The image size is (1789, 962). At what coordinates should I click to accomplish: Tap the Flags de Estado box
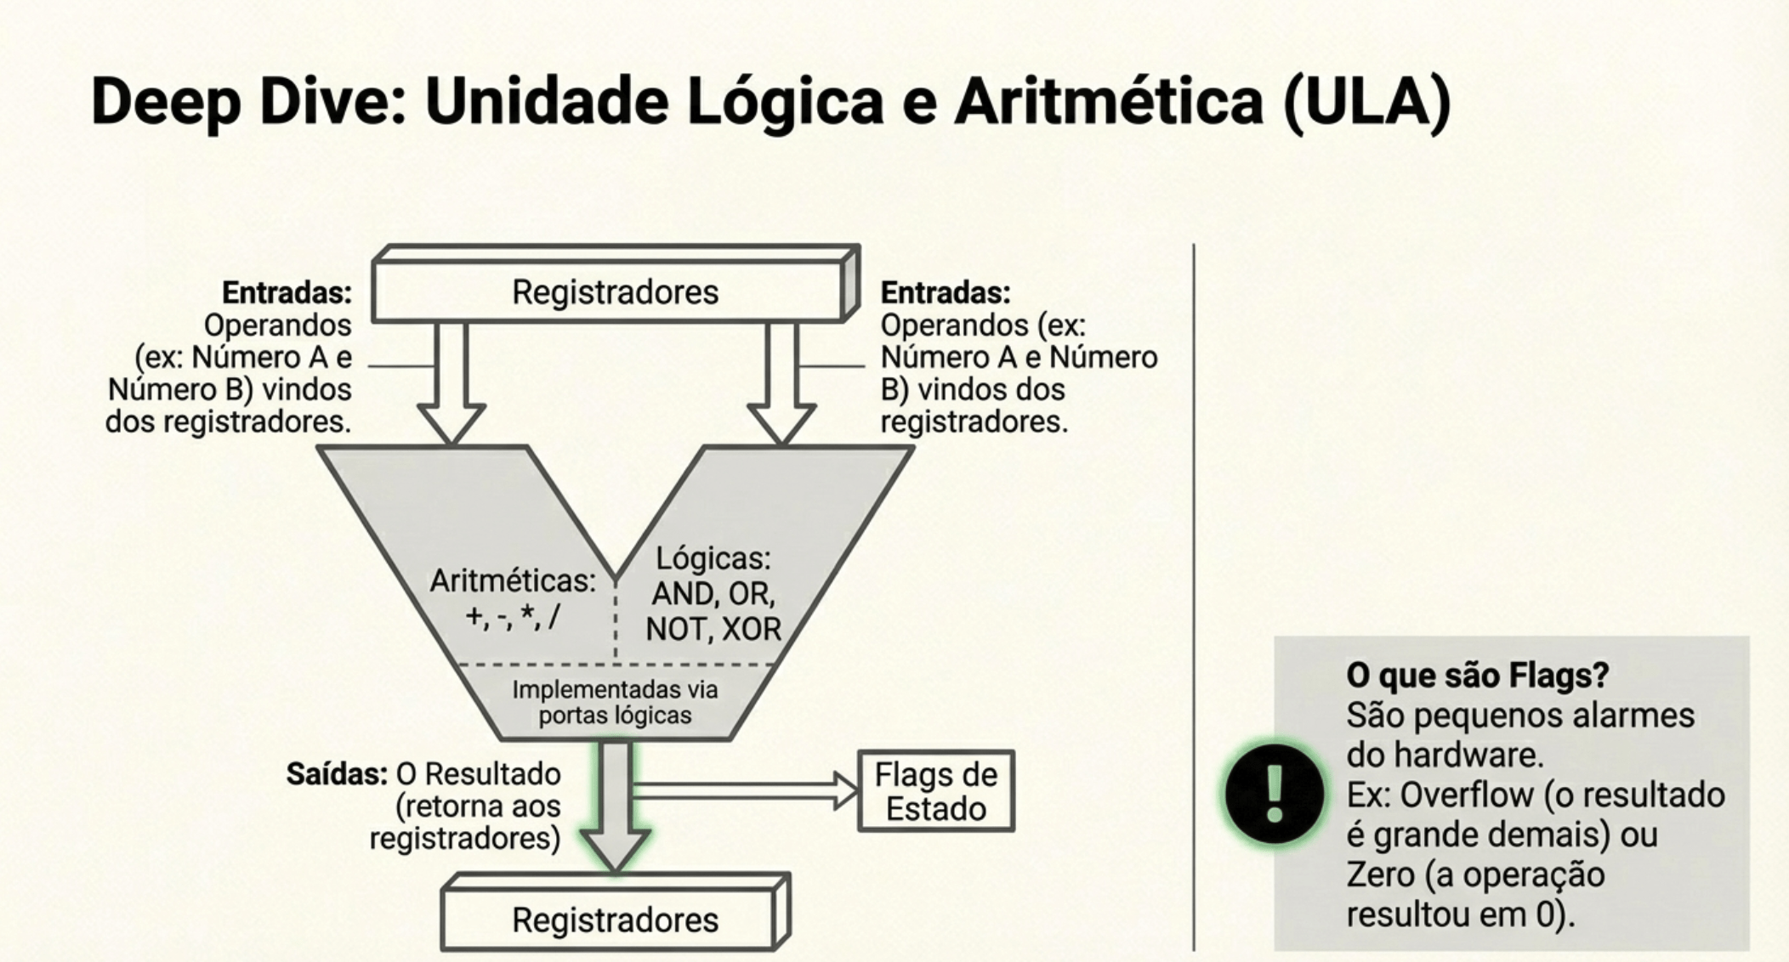click(x=935, y=791)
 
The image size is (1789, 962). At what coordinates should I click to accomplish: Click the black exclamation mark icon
click(x=1274, y=793)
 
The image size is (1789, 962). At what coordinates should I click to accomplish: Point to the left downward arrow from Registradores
click(x=452, y=382)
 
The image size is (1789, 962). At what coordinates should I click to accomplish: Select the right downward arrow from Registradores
click(x=781, y=382)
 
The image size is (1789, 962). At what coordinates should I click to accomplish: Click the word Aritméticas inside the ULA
click(x=512, y=581)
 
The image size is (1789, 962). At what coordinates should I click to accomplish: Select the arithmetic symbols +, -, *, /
click(x=512, y=615)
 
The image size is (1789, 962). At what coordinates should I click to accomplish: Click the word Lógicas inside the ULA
click(x=713, y=558)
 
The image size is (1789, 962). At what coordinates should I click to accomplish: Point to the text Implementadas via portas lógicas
click(x=615, y=702)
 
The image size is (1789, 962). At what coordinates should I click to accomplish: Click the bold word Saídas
click(x=337, y=774)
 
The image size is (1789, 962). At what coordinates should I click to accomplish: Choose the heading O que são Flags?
click(x=1477, y=676)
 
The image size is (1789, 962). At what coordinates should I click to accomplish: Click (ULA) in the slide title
click(x=1366, y=102)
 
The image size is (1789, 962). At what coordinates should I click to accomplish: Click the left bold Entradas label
click(x=287, y=293)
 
